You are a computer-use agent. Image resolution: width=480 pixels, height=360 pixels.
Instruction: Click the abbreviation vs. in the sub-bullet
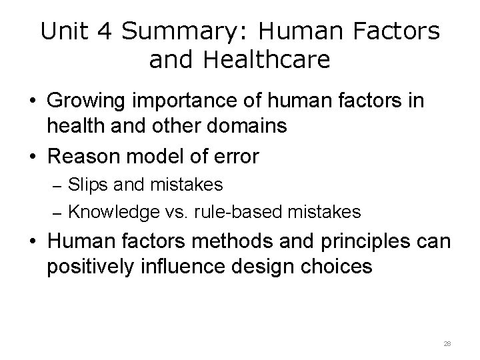tap(179, 212)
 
